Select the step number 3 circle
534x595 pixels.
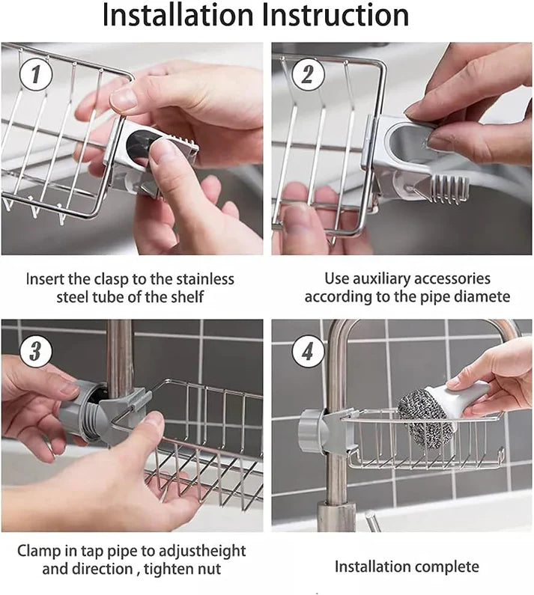[34, 350]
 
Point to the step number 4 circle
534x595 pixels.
[307, 350]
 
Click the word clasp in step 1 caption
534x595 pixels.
[110, 279]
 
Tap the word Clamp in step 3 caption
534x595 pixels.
[38, 551]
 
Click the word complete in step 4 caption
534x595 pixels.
[446, 567]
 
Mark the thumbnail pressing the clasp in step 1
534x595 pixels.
[164, 150]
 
